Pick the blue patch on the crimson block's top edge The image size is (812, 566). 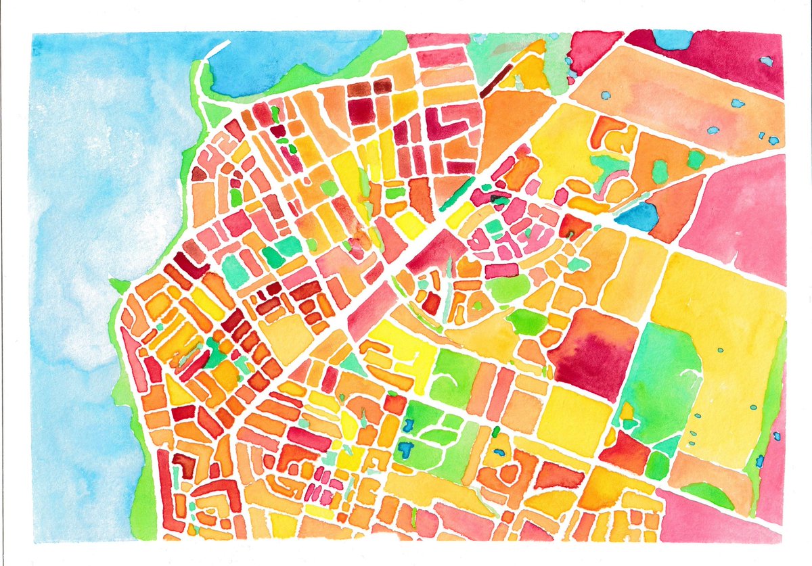pyautogui.click(x=673, y=39)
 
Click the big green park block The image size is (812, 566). pyautogui.click(x=660, y=379)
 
